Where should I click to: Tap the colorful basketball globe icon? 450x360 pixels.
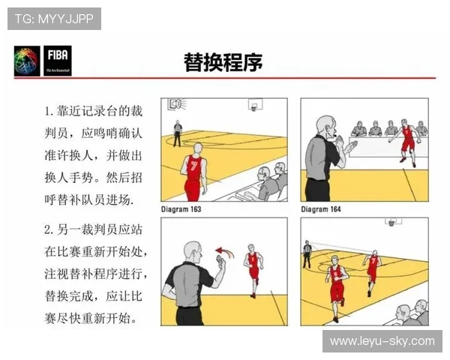(28, 61)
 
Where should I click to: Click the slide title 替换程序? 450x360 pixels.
(223, 61)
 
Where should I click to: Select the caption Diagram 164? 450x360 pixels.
(321, 209)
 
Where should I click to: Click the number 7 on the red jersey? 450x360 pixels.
(194, 166)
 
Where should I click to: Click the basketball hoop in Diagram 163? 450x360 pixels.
(253, 105)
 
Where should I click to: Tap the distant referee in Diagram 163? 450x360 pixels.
(178, 132)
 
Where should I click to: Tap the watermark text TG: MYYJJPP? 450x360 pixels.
(54, 19)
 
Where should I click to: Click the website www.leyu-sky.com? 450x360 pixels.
(382, 341)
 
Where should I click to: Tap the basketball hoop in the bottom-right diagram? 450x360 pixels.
(391, 223)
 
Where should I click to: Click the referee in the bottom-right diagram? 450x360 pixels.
(307, 253)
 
